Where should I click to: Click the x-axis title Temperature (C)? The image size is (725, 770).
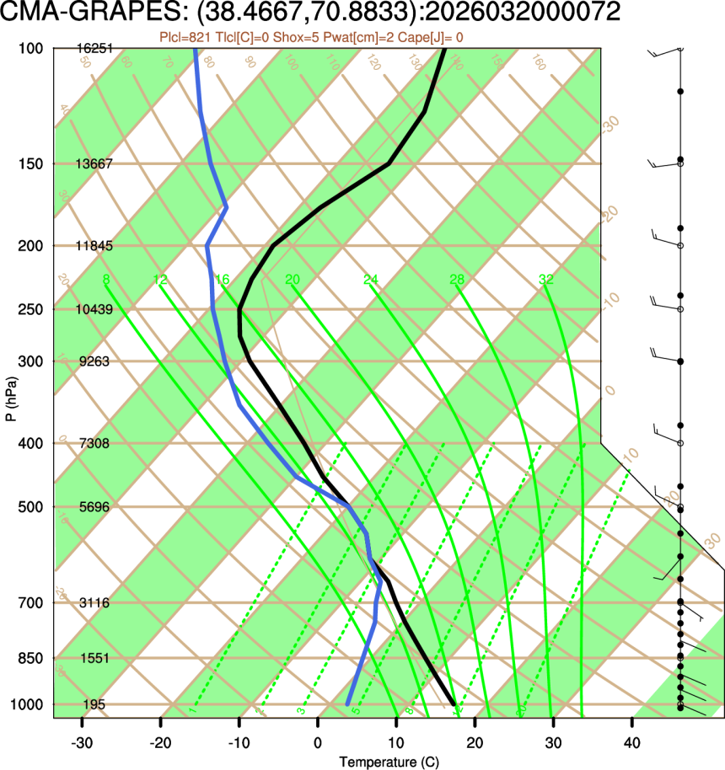[389, 762]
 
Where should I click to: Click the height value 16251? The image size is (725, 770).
[94, 49]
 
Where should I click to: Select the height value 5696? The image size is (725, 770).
[94, 507]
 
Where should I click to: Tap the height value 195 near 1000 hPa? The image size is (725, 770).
[94, 704]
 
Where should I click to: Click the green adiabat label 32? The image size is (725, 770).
[546, 280]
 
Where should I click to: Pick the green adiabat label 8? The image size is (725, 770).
[105, 280]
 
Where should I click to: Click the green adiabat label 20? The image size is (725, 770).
[293, 280]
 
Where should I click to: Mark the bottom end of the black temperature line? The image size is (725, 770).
[454, 703]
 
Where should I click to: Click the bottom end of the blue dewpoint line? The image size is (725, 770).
[347, 703]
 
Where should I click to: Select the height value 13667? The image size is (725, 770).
[94, 163]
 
